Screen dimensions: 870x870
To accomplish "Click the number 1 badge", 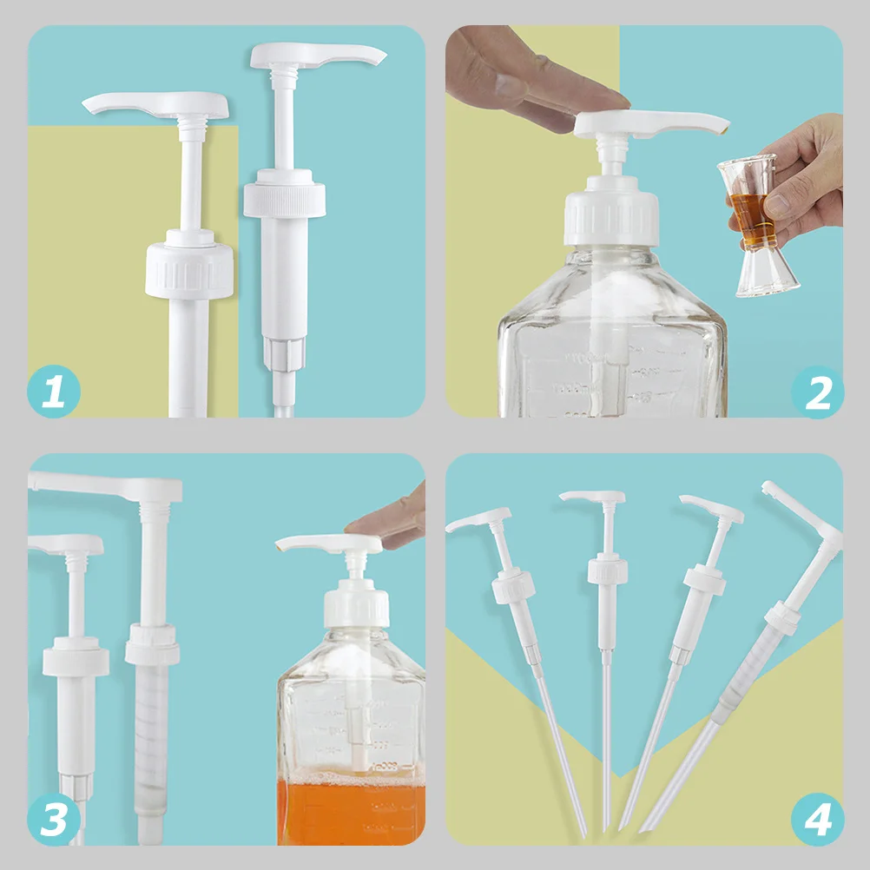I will point(54,392).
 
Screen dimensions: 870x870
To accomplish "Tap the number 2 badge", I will point(817,392).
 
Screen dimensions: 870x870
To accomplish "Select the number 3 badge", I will point(54,819).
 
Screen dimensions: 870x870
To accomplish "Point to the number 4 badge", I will point(817,819).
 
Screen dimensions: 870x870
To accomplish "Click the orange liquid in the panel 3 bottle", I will point(351,812).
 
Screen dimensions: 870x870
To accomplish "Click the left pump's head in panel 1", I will point(156,105).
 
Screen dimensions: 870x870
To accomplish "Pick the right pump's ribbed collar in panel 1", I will point(284,200).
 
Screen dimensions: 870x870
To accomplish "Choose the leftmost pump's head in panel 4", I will point(478,518).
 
